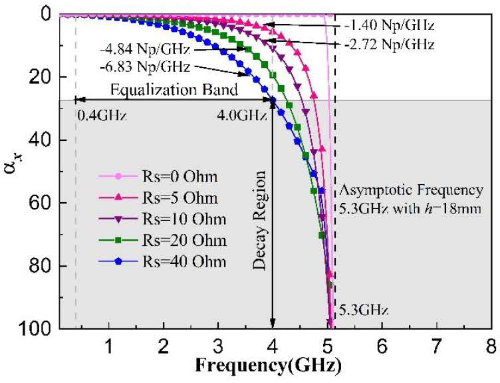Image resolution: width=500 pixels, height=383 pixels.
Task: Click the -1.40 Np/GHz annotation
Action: (389, 26)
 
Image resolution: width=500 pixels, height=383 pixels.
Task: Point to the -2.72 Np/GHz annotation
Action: (389, 45)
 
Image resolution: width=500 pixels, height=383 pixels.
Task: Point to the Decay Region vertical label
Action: (260, 220)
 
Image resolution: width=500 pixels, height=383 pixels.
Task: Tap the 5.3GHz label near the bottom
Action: (363, 310)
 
